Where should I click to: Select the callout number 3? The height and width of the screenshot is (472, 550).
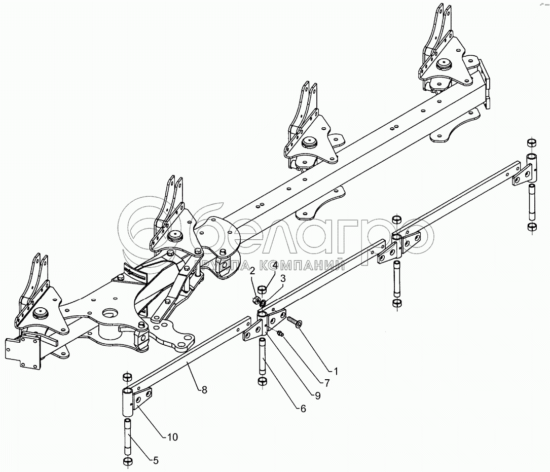(x=283, y=278)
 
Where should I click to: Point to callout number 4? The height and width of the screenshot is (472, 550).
(x=274, y=265)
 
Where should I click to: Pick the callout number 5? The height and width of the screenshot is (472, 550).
(x=156, y=460)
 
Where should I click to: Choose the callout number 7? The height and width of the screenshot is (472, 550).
(x=327, y=383)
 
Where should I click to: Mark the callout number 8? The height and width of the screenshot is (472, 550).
(x=204, y=390)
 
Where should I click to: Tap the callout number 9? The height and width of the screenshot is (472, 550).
(x=317, y=396)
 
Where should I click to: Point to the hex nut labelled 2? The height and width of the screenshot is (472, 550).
(x=256, y=301)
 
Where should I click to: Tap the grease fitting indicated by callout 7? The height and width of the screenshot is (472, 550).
(x=282, y=333)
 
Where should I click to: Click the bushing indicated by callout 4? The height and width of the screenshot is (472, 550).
(x=262, y=290)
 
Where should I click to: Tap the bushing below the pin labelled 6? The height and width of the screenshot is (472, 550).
(x=262, y=381)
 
